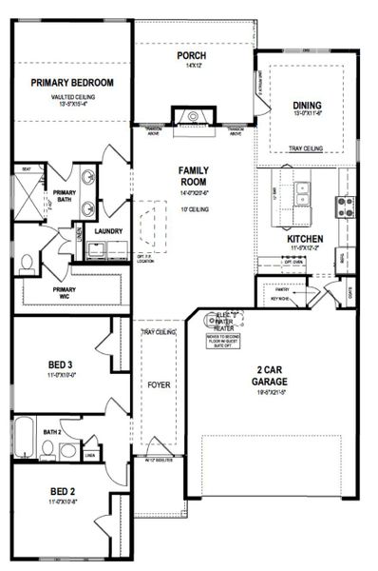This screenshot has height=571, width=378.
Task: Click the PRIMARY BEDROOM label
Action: click(x=72, y=83)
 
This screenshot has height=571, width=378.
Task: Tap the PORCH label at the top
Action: click(x=192, y=55)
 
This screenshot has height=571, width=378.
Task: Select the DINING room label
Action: click(x=307, y=106)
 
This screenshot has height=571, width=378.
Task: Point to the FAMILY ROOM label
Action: click(x=193, y=177)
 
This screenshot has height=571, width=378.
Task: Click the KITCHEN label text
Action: click(x=306, y=239)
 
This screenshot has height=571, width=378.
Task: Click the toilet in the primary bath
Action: click(x=27, y=261)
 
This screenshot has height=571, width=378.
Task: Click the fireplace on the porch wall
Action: click(x=182, y=116)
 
